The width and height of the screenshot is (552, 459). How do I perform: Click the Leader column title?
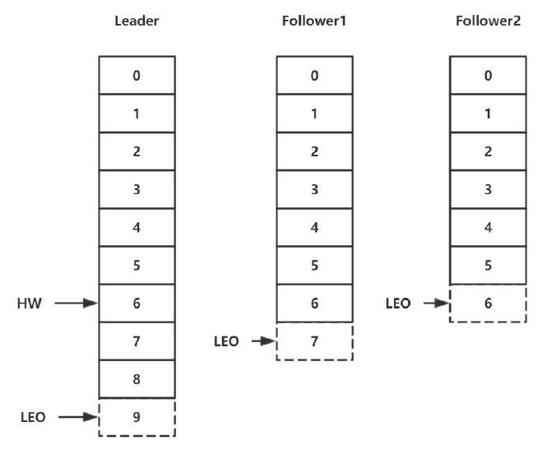pos(137,21)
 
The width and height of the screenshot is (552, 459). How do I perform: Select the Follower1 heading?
pos(314,21)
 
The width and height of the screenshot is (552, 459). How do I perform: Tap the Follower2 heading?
pos(488,21)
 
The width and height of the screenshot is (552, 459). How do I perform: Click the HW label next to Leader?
pos(30,303)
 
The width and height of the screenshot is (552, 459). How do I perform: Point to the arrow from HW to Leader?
pos(77,303)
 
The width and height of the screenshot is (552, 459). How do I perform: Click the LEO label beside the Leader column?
pos(33,417)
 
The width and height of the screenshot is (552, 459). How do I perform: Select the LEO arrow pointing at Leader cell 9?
pos(78,417)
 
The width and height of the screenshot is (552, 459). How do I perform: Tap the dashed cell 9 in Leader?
pos(137,418)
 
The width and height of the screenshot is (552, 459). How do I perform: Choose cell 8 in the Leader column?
pos(137,379)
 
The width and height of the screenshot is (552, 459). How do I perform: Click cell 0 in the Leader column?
pos(137,75)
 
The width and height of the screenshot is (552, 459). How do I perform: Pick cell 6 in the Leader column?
pos(137,303)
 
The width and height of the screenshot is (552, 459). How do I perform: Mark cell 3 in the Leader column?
pos(137,189)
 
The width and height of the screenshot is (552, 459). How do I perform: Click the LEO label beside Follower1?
pos(226,341)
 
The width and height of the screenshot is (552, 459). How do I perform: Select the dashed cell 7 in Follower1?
pos(315,341)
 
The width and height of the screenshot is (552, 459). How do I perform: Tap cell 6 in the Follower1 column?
pos(315,303)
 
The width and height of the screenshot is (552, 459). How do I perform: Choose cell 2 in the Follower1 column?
pos(315,151)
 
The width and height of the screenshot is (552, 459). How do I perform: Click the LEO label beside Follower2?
pos(398,303)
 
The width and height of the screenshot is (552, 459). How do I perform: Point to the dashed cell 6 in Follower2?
pos(488,304)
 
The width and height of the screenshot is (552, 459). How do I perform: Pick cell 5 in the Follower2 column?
pos(488,265)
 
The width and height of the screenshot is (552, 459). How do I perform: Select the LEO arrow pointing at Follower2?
pos(437,303)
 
